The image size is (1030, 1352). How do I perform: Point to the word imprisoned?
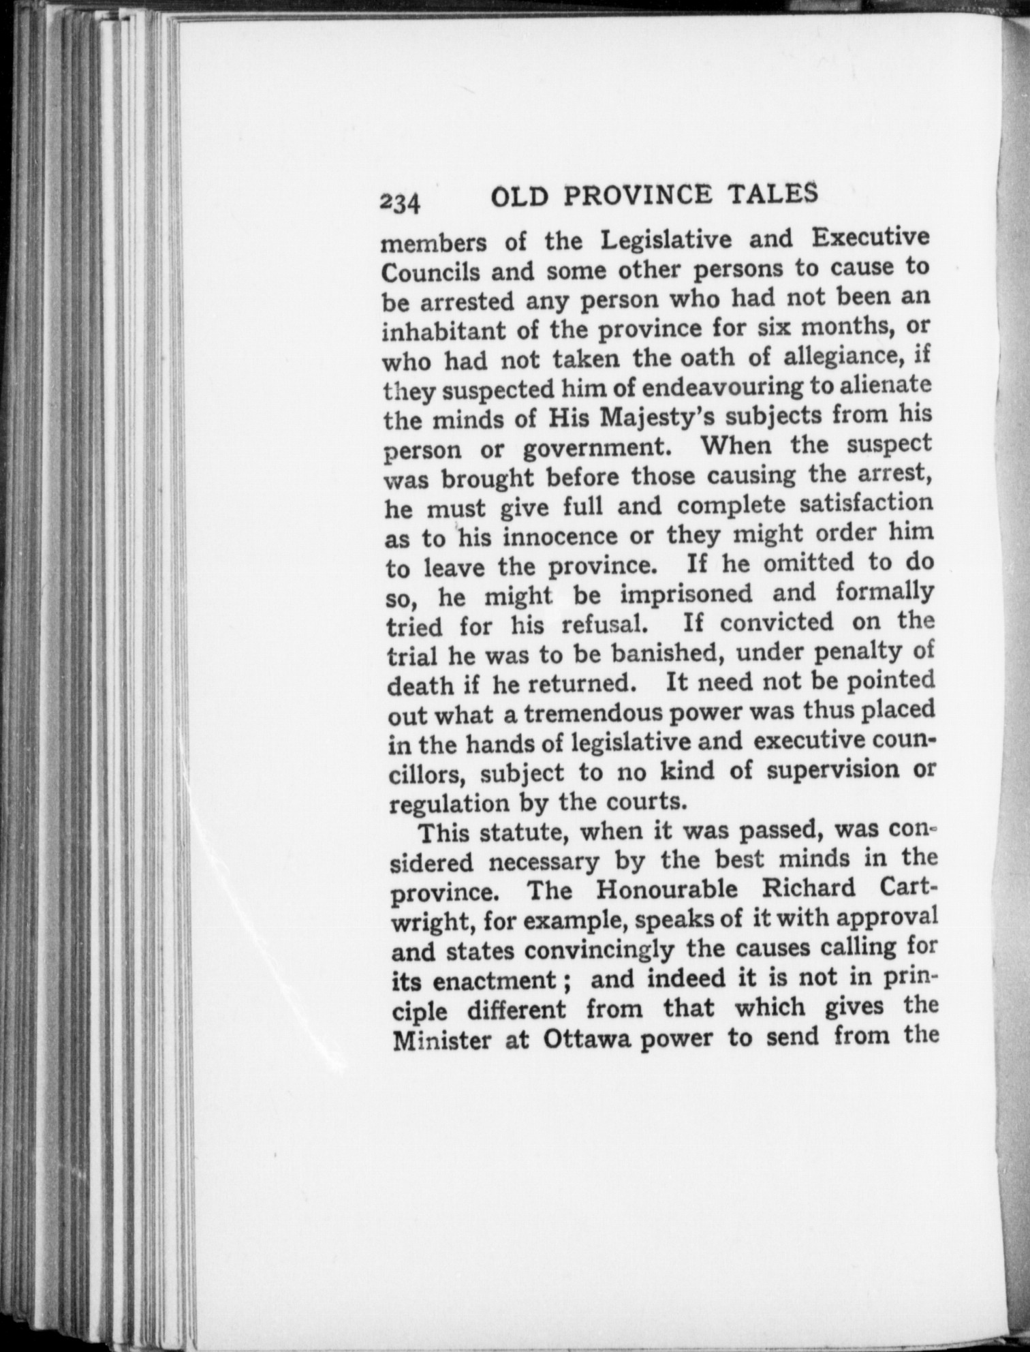pos(686,594)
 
